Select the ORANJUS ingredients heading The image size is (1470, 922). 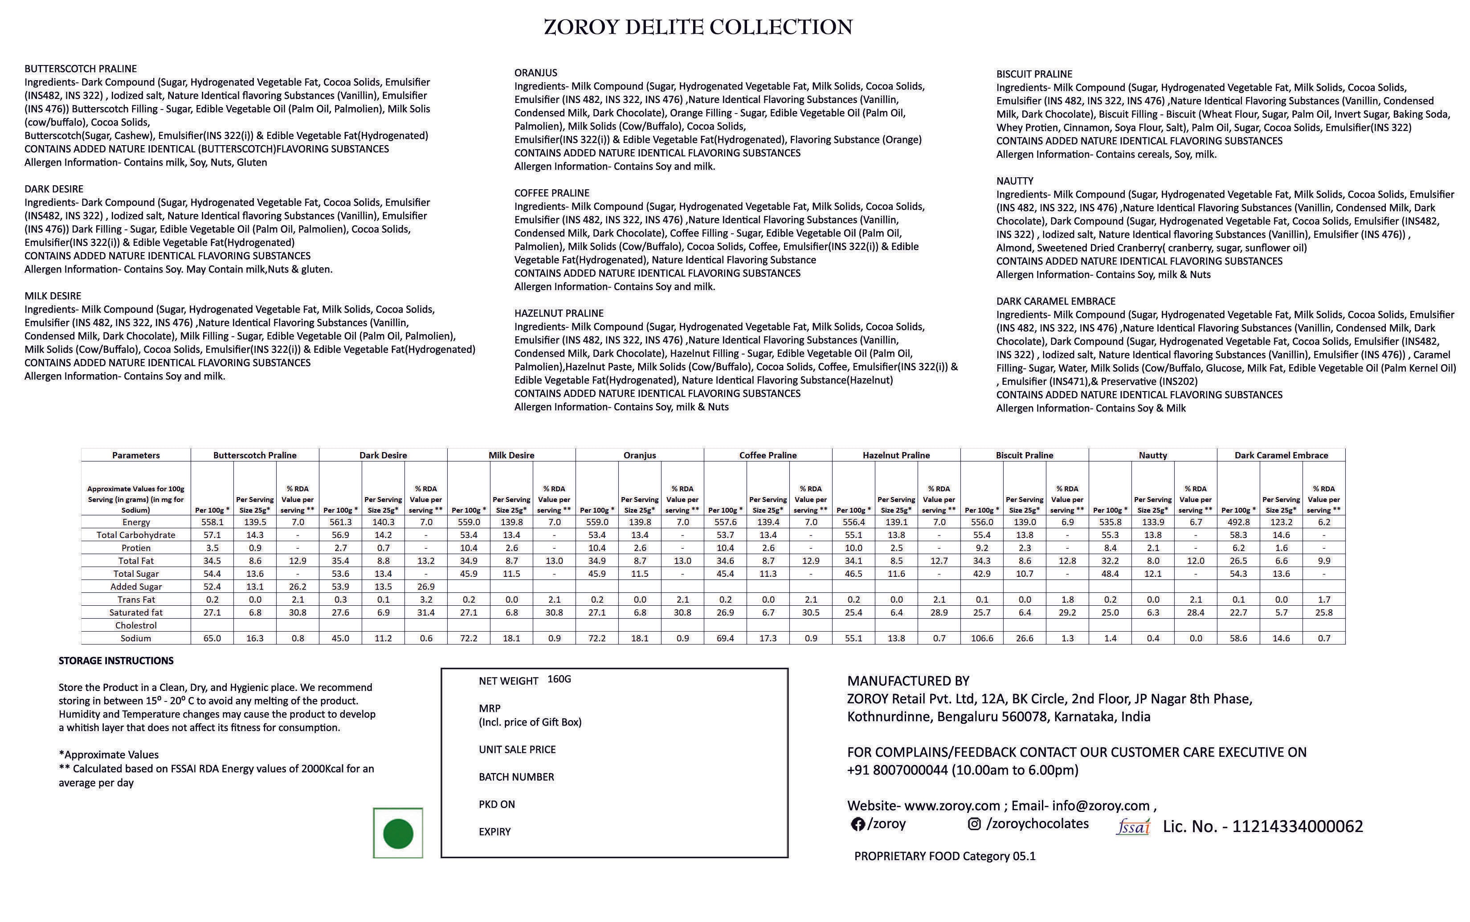point(535,73)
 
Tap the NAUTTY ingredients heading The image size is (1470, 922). point(1015,181)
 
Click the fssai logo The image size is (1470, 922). point(1133,827)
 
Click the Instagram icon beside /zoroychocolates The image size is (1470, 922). point(974,824)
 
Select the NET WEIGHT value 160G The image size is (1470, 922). point(559,679)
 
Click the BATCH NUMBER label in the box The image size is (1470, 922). point(516,777)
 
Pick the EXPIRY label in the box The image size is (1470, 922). point(494,832)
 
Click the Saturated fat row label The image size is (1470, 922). point(136,613)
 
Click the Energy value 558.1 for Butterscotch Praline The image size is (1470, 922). point(212,522)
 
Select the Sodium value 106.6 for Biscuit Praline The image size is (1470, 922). point(982,638)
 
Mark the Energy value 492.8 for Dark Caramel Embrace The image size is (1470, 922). point(1238,522)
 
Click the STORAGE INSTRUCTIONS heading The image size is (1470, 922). point(116,661)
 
